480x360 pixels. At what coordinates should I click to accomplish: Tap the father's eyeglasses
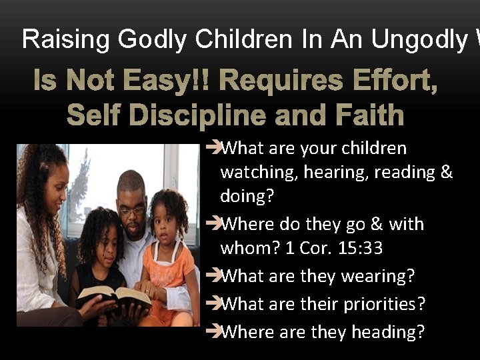pos(131,211)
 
